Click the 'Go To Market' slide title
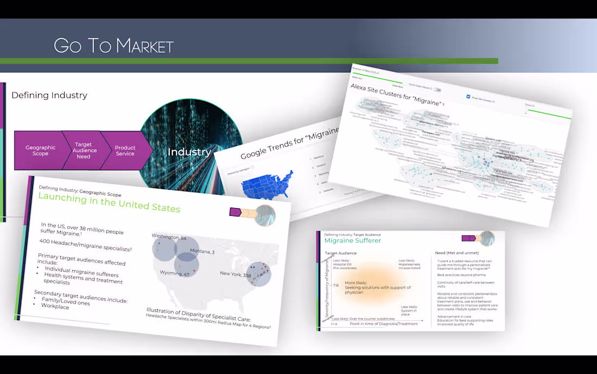point(114,46)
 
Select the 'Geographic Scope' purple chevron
point(41,151)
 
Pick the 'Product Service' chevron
point(125,151)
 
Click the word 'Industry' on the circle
point(189,152)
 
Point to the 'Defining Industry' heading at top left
point(49,96)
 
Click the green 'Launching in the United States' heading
point(109,203)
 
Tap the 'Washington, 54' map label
point(169,237)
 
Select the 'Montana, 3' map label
point(202,251)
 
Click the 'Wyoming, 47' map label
point(174,274)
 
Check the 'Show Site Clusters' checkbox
point(468,97)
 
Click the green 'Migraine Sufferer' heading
point(352,240)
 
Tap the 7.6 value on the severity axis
point(335,285)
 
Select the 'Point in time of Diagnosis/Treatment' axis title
point(384,324)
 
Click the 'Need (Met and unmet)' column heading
point(456,253)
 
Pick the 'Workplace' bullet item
point(56,307)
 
